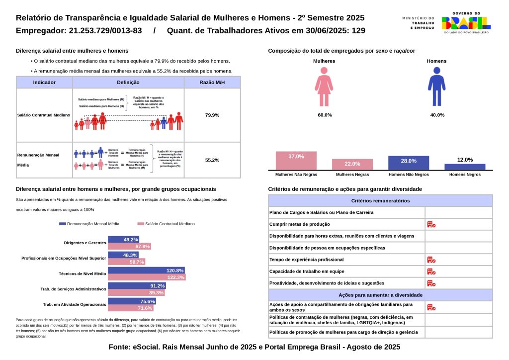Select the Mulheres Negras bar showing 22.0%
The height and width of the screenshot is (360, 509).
click(x=352, y=165)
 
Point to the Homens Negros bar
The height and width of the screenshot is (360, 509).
click(x=465, y=167)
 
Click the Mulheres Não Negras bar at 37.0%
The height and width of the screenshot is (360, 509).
click(x=296, y=161)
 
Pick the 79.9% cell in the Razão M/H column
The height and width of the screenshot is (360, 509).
click(x=212, y=115)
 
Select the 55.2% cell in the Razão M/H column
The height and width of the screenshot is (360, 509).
click(x=212, y=160)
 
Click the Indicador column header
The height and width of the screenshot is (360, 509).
click(x=44, y=83)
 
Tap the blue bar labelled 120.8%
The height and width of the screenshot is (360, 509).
click(x=147, y=270)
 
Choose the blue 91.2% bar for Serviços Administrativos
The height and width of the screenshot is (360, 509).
click(x=137, y=286)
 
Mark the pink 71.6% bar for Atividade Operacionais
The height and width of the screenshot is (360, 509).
click(x=132, y=308)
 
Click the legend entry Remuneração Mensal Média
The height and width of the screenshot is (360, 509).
click(x=89, y=224)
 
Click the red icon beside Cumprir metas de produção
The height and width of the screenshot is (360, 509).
click(x=431, y=224)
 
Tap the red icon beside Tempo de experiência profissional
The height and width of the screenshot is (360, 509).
click(x=431, y=260)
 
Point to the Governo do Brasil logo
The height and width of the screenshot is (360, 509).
click(x=466, y=22)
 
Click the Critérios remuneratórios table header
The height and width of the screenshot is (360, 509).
click(x=380, y=201)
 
